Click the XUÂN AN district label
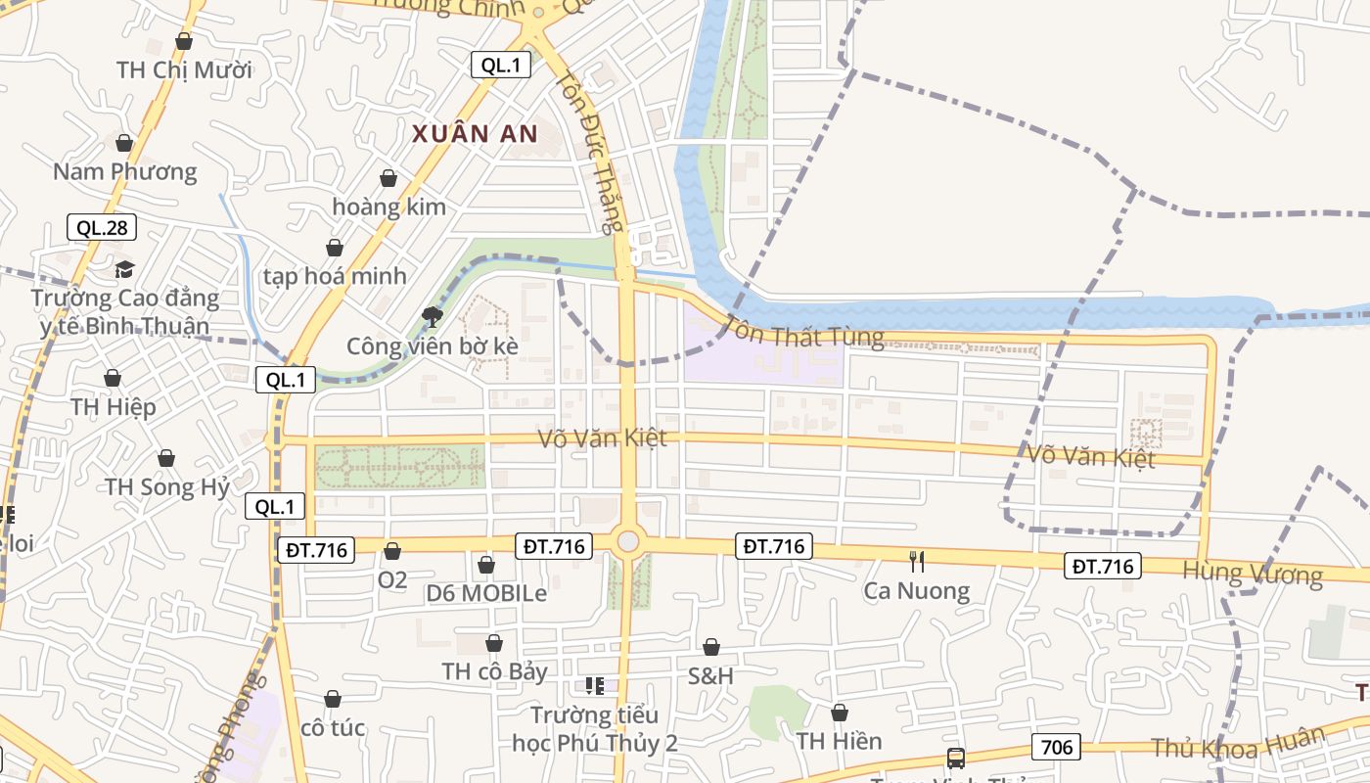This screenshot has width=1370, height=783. pos(475,134)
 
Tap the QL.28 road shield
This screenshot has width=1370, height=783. pos(102,228)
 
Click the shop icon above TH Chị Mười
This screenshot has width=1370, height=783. pos(183,41)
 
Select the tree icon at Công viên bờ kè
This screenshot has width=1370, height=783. pos(432,316)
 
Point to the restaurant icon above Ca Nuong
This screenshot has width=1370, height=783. pos(917,561)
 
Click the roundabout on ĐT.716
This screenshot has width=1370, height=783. pos(627,541)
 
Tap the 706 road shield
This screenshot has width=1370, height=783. pos(1056,748)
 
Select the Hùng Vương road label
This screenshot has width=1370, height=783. pos(1252,573)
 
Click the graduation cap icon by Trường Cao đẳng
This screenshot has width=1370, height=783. pos(124,269)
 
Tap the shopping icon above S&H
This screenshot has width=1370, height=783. pos(711,647)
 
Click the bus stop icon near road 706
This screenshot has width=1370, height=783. pos(955,758)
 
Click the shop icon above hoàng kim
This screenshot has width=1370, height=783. pos(388,178)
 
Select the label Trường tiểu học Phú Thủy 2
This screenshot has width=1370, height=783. pos(595,729)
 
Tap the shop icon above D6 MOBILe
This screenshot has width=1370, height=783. pos(486,565)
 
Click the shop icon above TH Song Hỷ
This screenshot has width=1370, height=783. pos(166,458)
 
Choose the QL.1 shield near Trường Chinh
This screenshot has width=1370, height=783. pos(501,66)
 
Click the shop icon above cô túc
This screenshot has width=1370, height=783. pos(333,699)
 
